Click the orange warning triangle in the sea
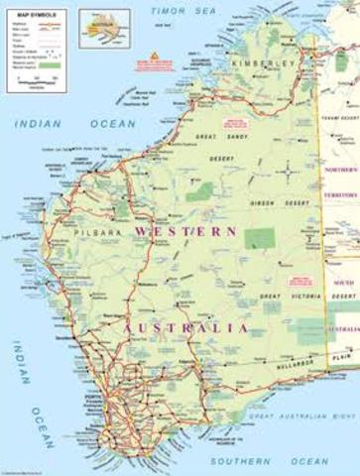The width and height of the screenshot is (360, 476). (x=155, y=56)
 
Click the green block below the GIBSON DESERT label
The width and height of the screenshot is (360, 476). (x=260, y=238)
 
